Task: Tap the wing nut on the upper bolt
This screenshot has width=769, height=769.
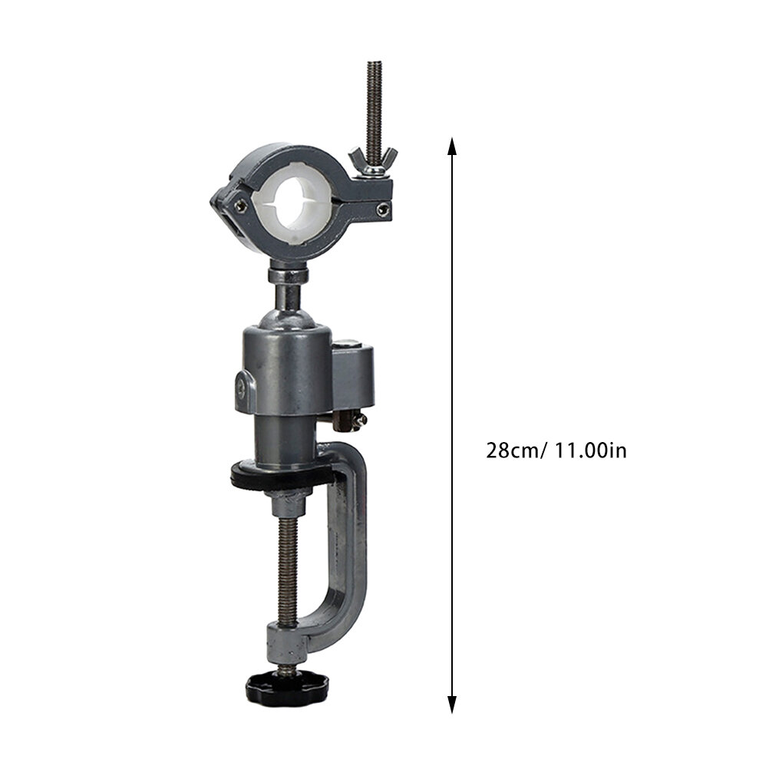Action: (x=374, y=160)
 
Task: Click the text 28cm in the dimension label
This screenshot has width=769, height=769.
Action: (x=512, y=451)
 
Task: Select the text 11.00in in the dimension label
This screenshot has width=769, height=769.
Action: (x=590, y=451)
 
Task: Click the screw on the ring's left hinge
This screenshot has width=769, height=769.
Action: (x=240, y=206)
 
